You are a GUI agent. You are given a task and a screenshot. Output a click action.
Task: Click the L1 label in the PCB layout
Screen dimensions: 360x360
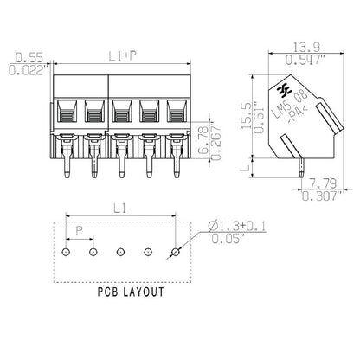click(119, 209)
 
